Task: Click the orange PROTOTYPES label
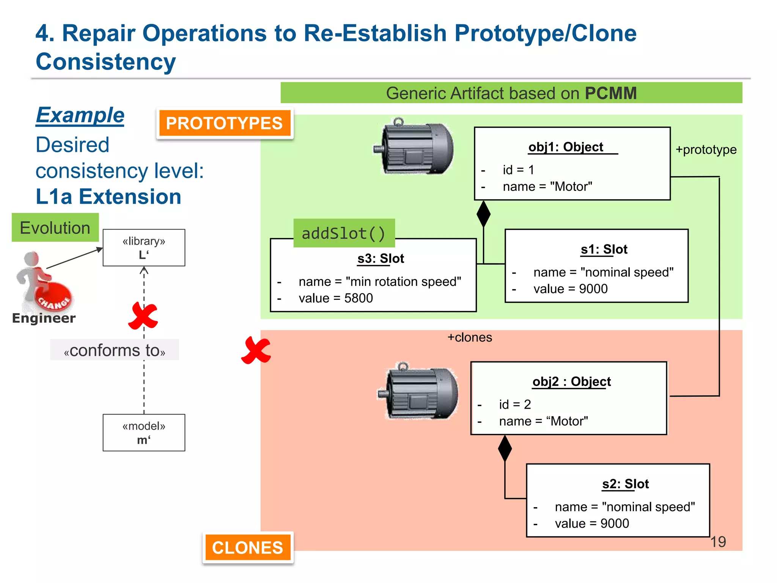click(225, 123)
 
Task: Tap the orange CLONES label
click(248, 547)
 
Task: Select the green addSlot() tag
click(344, 233)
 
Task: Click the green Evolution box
click(55, 228)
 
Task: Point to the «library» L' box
click(144, 247)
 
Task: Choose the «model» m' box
click(144, 433)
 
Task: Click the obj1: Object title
click(566, 147)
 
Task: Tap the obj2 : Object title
click(571, 381)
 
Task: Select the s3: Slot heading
click(381, 258)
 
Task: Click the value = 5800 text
click(335, 298)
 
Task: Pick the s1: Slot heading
click(604, 249)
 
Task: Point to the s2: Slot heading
click(625, 484)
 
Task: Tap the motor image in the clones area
click(418, 392)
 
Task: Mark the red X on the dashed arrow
click(143, 316)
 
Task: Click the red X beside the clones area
click(256, 350)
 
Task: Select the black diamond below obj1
click(483, 214)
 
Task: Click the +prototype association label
click(706, 150)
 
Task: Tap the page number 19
click(718, 542)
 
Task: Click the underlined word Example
click(80, 115)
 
